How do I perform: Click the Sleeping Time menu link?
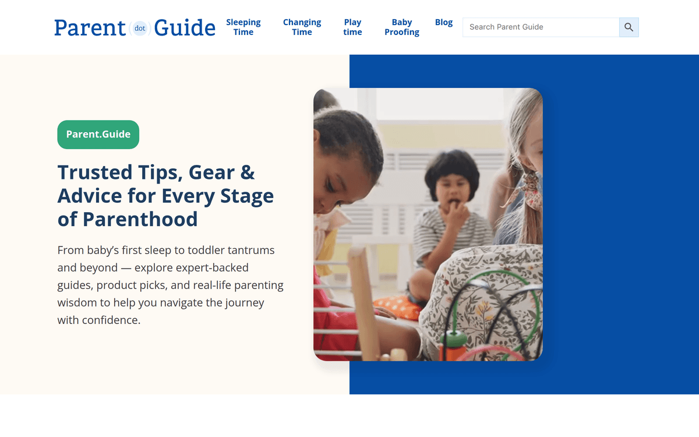tap(243, 27)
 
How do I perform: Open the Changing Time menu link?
tap(302, 27)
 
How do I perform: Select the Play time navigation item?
tap(352, 27)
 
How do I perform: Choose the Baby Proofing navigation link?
tap(401, 27)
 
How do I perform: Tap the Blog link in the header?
tap(443, 22)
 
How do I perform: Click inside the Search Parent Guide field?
tap(541, 27)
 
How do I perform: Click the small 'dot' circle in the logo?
tap(140, 28)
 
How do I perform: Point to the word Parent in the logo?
tap(90, 28)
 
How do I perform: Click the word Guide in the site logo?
tap(185, 28)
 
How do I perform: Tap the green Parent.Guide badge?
tap(98, 135)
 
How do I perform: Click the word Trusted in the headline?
tap(95, 172)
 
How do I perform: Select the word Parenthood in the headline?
tap(140, 219)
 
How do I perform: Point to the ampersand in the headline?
tap(248, 172)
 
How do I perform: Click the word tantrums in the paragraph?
tap(248, 251)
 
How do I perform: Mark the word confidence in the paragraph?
tap(111, 320)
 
